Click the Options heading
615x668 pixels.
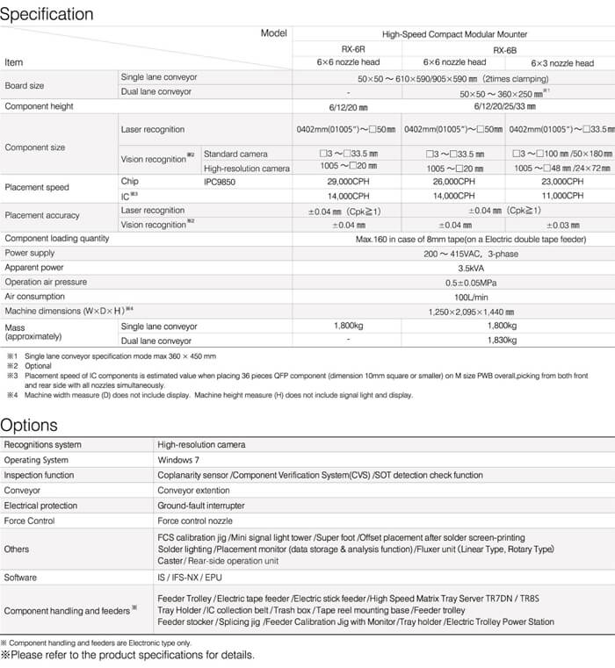[x=29, y=425]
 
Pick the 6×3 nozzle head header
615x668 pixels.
[x=562, y=63]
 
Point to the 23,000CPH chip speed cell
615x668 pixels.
[x=562, y=182]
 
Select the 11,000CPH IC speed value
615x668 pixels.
[x=562, y=196]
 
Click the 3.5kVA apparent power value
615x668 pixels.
[x=454, y=266]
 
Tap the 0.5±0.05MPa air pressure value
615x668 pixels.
[x=454, y=282]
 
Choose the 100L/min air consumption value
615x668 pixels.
[x=454, y=297]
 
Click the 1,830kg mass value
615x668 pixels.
[x=508, y=340]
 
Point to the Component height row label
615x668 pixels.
[x=40, y=106]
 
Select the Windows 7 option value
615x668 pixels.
[x=179, y=460]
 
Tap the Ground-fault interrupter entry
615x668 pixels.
[x=200, y=506]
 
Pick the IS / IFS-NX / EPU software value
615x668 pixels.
[x=190, y=578]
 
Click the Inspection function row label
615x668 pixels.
[x=40, y=475]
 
